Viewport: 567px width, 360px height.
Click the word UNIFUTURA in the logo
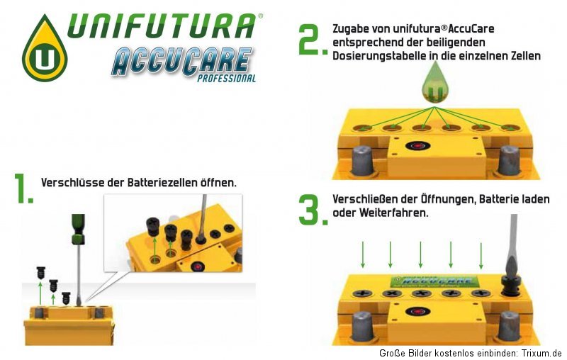[162, 26]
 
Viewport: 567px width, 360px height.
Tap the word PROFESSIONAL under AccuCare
[226, 79]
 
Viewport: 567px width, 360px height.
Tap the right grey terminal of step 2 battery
[509, 159]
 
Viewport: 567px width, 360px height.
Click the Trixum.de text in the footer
[540, 353]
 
